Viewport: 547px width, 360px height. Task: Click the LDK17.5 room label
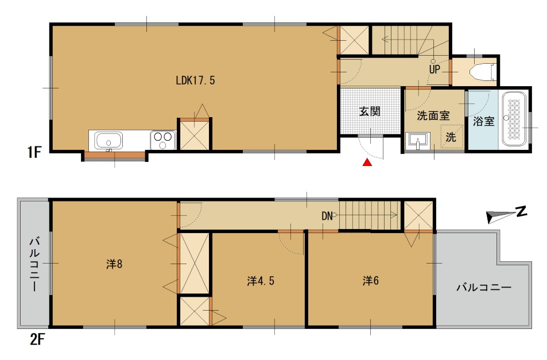tap(195, 80)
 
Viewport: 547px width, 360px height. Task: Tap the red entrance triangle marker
tap(367, 162)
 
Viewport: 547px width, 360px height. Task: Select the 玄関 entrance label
tap(370, 111)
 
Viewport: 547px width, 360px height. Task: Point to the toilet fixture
tap(483, 72)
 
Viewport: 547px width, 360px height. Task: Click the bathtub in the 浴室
tap(514, 119)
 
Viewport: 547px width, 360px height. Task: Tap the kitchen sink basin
tap(109, 141)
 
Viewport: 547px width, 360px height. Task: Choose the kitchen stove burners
tap(162, 140)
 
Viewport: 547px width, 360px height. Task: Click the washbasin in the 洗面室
tap(418, 141)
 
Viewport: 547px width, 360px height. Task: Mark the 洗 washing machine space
tap(451, 137)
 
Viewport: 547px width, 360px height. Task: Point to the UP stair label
tap(435, 69)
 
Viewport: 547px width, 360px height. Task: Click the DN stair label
tap(327, 216)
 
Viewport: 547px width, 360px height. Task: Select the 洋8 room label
tap(114, 264)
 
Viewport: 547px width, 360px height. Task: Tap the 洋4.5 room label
tap(260, 281)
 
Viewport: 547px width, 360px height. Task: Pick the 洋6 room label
tap(370, 280)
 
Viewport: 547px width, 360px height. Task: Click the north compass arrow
tap(506, 214)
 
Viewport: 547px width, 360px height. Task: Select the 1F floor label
tap(34, 153)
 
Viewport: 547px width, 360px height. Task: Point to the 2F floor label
tap(37, 339)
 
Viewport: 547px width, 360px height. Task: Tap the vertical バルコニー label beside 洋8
tap(34, 264)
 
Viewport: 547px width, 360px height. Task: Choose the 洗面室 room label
tap(433, 115)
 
